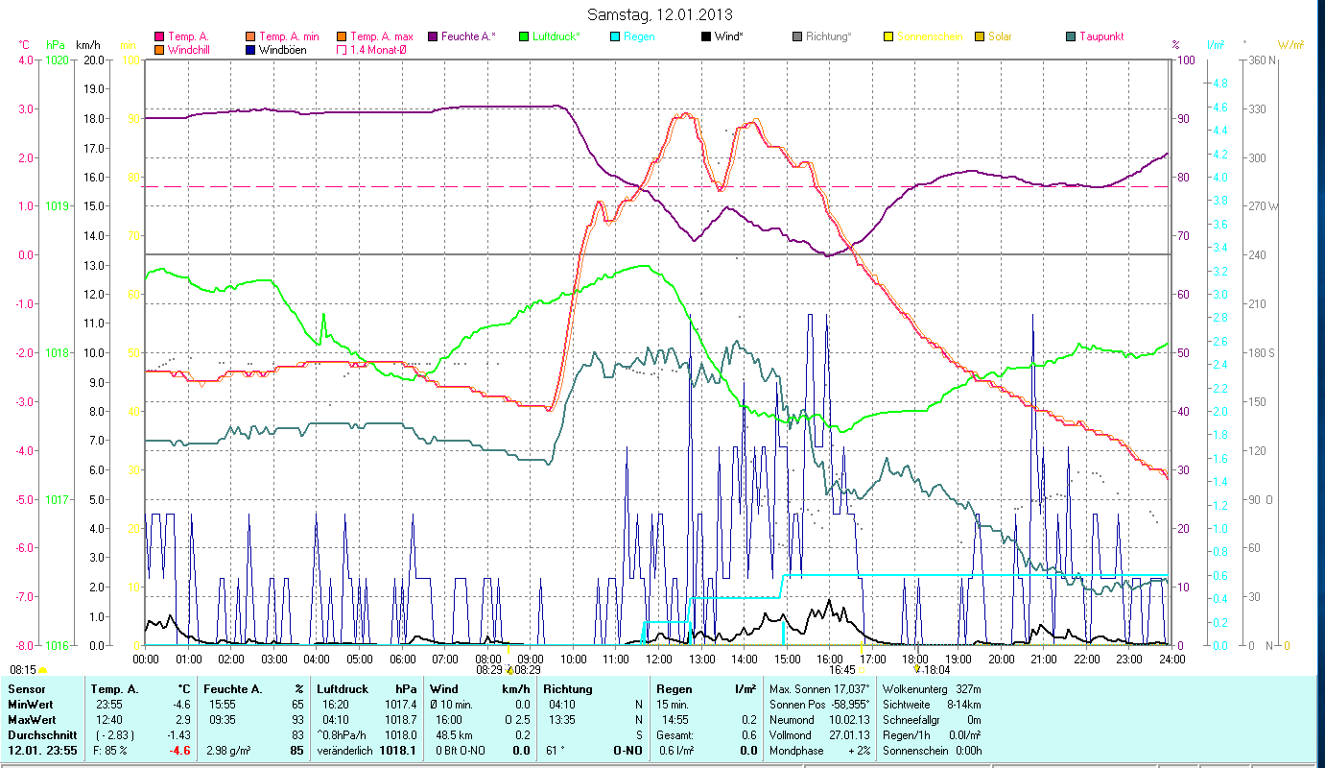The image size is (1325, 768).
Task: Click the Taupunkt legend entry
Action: point(1100,36)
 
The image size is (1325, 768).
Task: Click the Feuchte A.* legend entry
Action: point(468,36)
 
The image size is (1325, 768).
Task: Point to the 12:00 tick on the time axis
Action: point(659,660)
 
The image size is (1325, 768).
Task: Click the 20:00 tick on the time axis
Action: point(1002,660)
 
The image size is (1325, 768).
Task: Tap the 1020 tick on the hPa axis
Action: point(57,60)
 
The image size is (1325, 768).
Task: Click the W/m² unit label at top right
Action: point(1290,44)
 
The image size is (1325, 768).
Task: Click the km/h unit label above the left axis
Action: point(89,44)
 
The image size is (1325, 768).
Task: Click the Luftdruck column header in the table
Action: point(342,688)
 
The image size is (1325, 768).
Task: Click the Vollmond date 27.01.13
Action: point(850,734)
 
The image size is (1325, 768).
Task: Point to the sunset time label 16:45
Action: point(842,670)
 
